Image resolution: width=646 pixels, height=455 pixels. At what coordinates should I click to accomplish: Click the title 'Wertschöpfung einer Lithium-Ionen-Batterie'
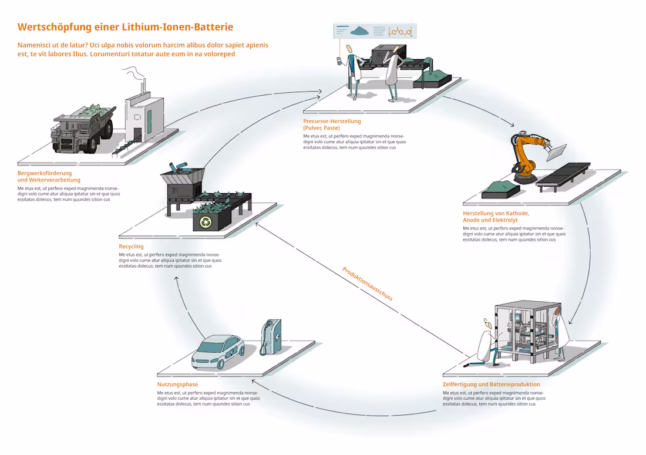125,27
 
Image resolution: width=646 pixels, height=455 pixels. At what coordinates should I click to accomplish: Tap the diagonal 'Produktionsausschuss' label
367,284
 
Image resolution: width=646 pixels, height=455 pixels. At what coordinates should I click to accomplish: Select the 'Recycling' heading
131,247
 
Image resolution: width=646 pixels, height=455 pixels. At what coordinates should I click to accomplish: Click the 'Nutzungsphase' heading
177,385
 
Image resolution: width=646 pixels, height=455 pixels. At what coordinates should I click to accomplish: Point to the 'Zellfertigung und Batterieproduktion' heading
491,385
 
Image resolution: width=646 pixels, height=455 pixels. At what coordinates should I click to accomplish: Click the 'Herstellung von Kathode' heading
496,214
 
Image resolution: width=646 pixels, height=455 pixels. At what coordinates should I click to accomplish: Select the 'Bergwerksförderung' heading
45,173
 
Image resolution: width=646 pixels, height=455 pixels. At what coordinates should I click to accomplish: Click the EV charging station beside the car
271,337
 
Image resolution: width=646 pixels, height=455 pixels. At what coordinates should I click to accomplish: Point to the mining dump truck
82,129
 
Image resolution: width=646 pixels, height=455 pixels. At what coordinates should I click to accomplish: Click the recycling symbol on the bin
206,221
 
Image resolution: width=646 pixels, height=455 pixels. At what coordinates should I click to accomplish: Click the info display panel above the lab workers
374,31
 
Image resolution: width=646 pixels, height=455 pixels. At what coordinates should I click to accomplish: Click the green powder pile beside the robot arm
499,188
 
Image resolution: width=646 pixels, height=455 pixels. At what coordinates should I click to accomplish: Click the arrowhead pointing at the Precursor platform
319,91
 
